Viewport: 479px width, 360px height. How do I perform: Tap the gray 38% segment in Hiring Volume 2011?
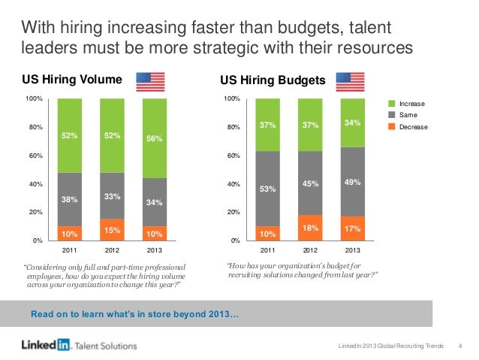click(70, 199)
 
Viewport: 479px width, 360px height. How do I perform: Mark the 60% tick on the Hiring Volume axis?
click(34, 156)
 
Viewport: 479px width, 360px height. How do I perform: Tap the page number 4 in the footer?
click(459, 345)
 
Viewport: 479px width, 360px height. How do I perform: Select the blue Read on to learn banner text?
click(134, 313)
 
